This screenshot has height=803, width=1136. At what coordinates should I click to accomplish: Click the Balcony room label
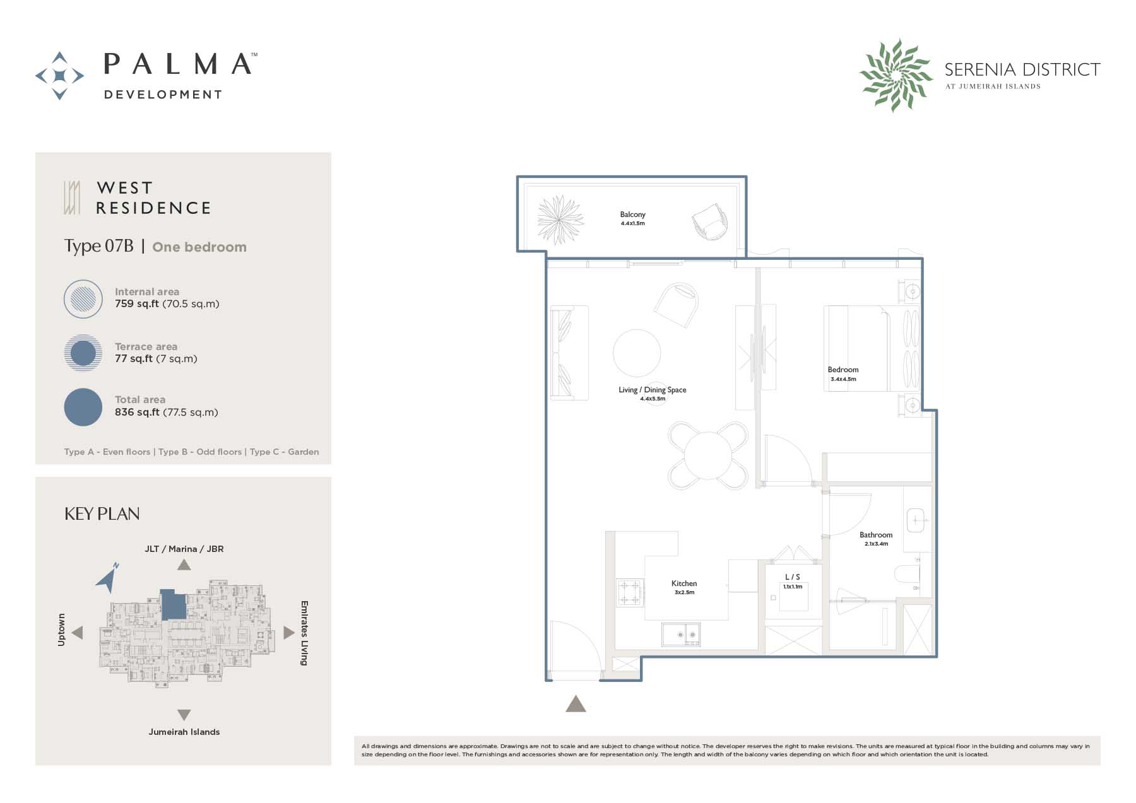[x=632, y=214]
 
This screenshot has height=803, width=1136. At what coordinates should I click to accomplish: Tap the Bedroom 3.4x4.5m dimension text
[x=843, y=379]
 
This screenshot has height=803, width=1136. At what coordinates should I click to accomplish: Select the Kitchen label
[x=684, y=583]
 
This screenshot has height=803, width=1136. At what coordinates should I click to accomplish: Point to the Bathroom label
[x=876, y=535]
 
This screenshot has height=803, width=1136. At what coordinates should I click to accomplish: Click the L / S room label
[x=793, y=577]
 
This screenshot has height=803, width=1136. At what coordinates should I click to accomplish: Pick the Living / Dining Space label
[x=653, y=390]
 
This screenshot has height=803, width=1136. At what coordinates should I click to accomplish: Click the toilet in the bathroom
[x=907, y=574]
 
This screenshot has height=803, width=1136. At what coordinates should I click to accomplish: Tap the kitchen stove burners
[x=630, y=593]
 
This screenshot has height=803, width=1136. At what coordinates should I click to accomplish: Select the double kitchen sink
[x=681, y=633]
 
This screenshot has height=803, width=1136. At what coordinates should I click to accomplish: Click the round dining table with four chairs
[x=708, y=455]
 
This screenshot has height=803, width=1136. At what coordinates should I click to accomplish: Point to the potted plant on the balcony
[x=560, y=220]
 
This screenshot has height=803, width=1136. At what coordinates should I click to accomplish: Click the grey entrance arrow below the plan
[x=576, y=703]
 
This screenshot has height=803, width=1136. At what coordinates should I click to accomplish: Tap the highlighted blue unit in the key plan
[x=174, y=604]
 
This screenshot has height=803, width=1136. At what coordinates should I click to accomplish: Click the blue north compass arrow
[x=108, y=577]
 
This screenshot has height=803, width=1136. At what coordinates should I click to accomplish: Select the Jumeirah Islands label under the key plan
[x=184, y=732]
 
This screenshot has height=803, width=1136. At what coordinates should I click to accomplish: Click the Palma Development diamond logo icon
[x=59, y=76]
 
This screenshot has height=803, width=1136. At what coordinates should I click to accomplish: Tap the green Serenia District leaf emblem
[x=896, y=76]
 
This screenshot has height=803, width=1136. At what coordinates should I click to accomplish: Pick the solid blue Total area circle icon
[x=83, y=407]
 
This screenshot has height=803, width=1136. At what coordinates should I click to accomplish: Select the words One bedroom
[x=199, y=247]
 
